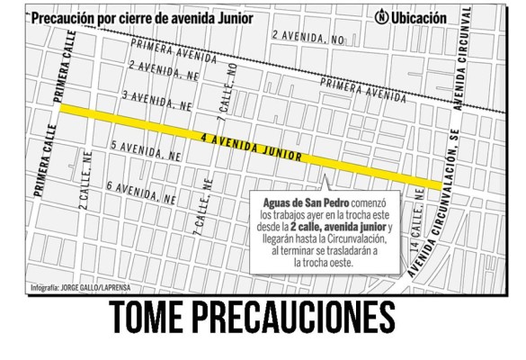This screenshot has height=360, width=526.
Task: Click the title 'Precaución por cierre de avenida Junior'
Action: [141, 17]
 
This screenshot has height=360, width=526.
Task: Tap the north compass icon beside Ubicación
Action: [381, 17]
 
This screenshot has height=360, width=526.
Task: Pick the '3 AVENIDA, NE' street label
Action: [158, 100]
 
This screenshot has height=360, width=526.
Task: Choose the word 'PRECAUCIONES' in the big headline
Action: [301, 321]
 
